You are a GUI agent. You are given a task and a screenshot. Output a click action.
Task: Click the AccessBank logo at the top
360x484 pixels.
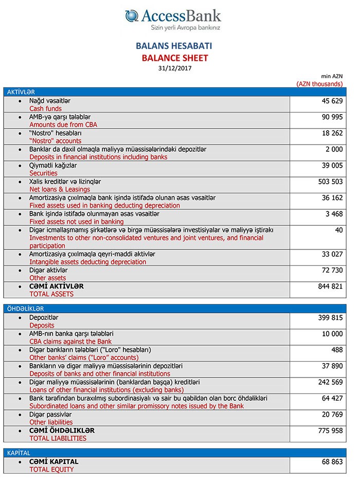click(173, 19)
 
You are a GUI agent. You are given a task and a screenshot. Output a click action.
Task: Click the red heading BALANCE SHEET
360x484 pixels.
click(175, 58)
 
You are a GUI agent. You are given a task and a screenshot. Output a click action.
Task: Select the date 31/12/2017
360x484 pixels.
click(175, 68)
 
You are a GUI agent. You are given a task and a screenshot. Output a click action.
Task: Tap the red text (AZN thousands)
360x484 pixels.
click(319, 83)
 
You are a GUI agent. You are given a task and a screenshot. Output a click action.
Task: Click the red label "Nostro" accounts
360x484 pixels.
click(56, 141)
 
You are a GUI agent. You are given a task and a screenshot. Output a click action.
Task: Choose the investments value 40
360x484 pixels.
click(338, 230)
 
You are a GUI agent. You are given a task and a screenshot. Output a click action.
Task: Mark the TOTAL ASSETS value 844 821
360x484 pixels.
click(330, 286)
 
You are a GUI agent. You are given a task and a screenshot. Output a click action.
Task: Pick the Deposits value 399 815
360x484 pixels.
click(330, 318)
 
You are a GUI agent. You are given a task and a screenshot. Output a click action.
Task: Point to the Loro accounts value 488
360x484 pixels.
click(336, 350)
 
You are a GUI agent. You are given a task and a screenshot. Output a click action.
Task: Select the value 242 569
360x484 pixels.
click(330, 382)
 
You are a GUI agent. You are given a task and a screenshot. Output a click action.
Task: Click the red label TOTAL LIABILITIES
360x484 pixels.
click(58, 438)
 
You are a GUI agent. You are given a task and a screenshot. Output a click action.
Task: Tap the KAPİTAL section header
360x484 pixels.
click(19, 453)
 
